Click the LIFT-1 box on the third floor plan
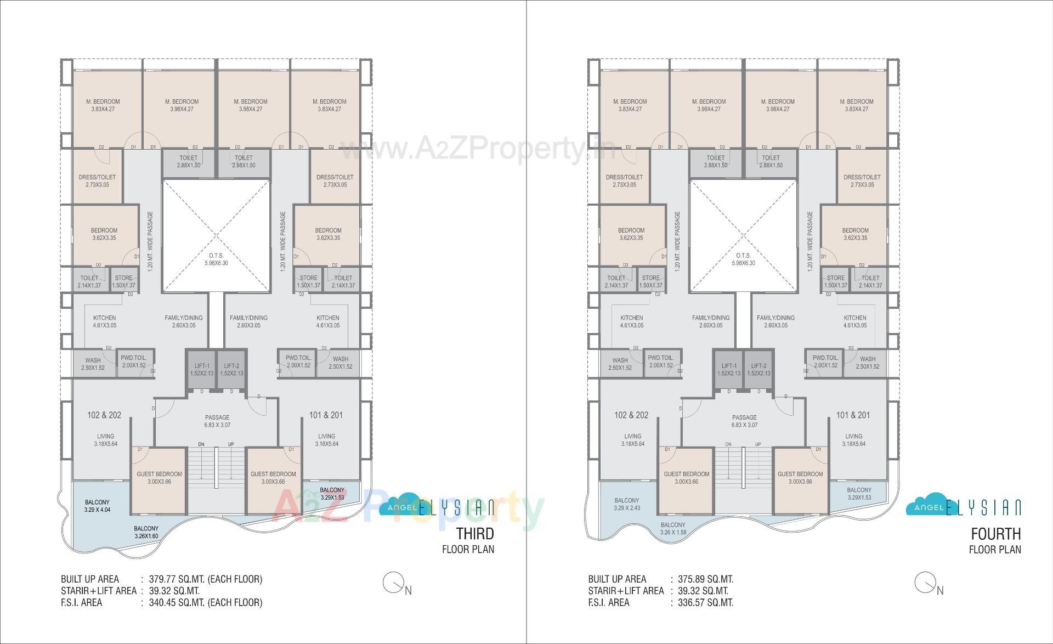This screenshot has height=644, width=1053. [x=202, y=369]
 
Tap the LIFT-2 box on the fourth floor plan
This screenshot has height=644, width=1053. [x=758, y=369]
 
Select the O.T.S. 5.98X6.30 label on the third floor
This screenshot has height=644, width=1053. [x=216, y=259]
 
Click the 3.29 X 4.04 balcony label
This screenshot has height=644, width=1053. [x=97, y=506]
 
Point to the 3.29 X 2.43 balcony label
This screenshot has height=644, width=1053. [x=626, y=504]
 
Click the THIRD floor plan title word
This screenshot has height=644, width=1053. [x=475, y=533]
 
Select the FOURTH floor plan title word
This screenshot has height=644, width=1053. [x=995, y=533]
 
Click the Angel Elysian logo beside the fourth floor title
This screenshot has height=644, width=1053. [x=963, y=507]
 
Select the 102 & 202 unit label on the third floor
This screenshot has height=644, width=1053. [x=104, y=415]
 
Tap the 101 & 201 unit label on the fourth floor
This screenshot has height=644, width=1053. [x=853, y=415]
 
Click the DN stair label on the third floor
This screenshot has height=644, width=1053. [x=201, y=444]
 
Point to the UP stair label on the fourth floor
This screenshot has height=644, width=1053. [x=758, y=444]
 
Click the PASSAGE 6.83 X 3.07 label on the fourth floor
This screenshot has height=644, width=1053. [x=744, y=421]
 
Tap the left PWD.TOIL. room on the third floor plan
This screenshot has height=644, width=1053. [x=134, y=361]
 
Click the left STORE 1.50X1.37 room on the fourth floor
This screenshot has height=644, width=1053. [x=651, y=281]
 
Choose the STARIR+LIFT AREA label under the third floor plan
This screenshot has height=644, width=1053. [x=99, y=591]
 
